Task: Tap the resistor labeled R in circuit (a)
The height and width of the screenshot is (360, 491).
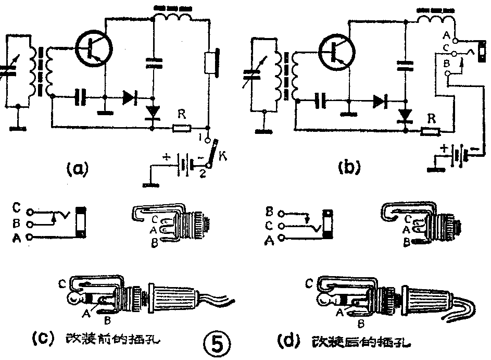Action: pos(182,127)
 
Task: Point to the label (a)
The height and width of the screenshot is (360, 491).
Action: pos(79,169)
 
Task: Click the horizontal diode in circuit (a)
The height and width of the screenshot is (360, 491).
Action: pos(130,97)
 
